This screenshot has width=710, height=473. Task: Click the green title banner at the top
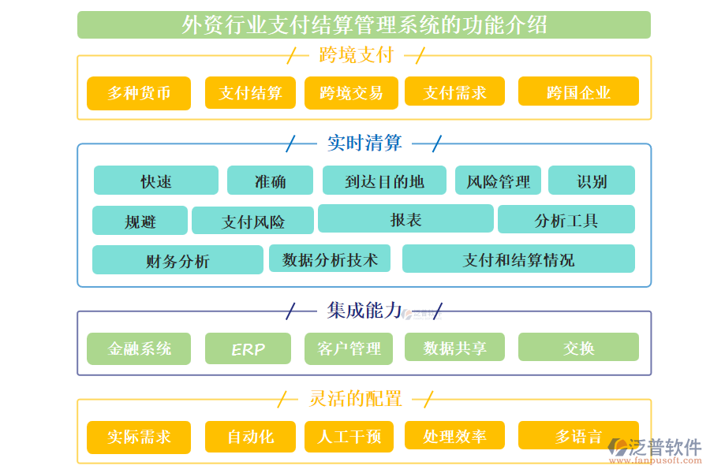364,25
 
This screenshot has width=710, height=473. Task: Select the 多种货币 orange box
139,93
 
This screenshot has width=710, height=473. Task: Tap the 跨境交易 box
351,93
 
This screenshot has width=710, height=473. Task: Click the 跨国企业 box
578,92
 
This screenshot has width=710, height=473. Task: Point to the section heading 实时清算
364,143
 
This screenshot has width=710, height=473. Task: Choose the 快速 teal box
155,181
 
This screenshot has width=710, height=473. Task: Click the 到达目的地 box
384,181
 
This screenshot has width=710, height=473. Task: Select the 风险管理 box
498,181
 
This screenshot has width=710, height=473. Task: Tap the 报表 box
405,219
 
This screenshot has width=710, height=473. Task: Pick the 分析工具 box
566,220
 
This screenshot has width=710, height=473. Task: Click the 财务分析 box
177,260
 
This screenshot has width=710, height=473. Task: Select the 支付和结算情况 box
518,259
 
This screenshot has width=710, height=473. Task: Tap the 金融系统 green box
139,348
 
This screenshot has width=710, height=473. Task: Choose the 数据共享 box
454,348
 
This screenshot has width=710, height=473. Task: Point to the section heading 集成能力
364,311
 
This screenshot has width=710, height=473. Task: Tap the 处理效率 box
454,436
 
